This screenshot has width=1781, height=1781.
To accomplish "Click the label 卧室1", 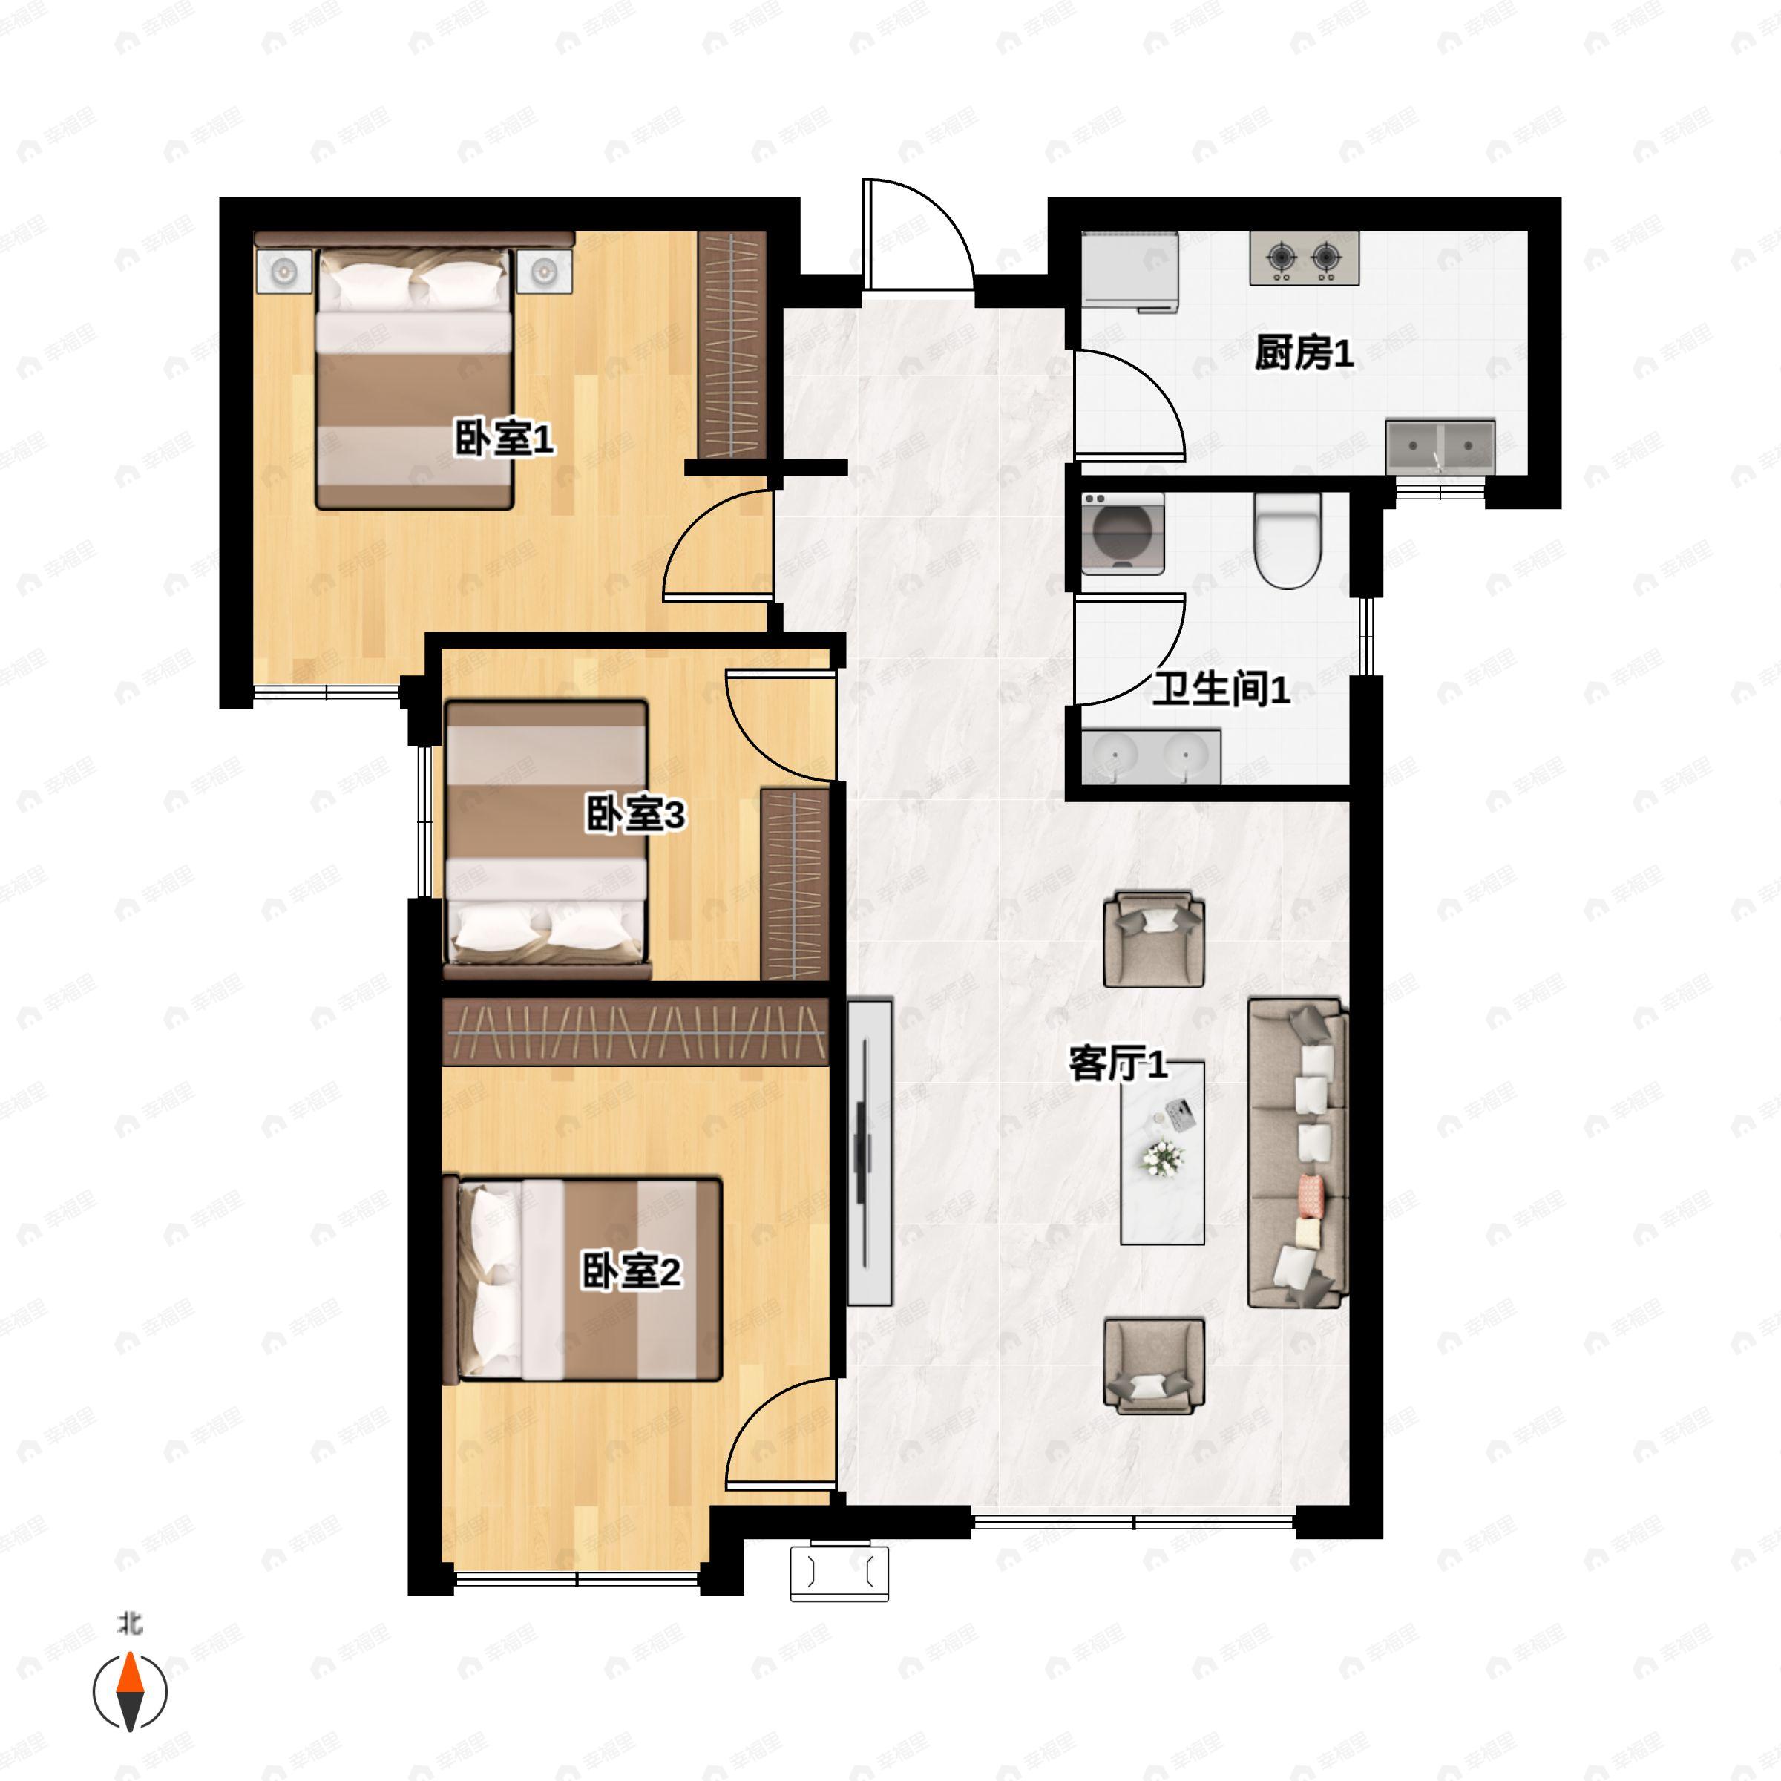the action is click(505, 438).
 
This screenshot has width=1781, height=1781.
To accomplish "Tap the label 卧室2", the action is click(631, 1271).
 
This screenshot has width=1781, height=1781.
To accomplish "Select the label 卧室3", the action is click(635, 814).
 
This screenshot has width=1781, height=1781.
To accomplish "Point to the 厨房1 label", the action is click(1304, 352).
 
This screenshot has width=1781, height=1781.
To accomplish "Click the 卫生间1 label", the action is click(1221, 689).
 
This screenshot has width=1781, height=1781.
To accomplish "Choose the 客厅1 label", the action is click(1118, 1063).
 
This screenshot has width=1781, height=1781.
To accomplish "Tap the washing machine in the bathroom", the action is click(1122, 534).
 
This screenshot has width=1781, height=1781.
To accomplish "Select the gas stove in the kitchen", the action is click(1304, 258).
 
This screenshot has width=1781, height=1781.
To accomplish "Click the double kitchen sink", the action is click(1440, 447).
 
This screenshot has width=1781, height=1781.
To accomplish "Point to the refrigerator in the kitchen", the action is click(1129, 272).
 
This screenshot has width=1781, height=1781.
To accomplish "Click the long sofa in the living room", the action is click(1298, 1152).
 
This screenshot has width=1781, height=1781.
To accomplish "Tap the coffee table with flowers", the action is click(1161, 1153).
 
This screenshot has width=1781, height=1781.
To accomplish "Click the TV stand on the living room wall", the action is click(869, 1152).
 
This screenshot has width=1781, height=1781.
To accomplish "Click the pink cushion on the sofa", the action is click(1310, 1195).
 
